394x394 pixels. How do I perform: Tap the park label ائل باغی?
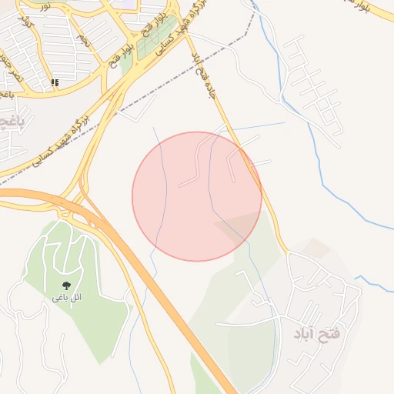coord(67,297)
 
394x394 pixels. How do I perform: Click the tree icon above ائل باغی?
coord(67,285)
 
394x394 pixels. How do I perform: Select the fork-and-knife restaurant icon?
coord(54,82)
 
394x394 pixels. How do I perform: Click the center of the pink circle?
coord(197,196)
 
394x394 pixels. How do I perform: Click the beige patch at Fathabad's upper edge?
coord(316,248)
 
